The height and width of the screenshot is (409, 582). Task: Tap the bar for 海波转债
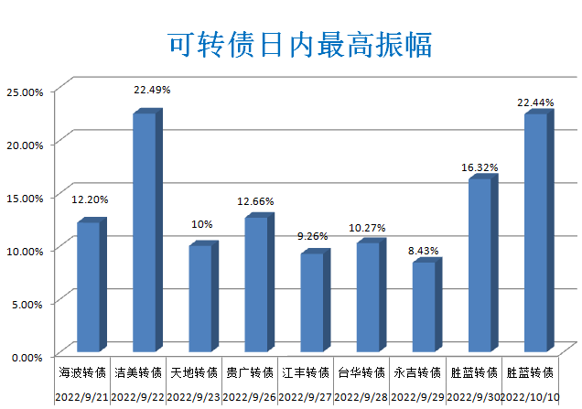(89, 286)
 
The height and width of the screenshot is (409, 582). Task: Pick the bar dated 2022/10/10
(535, 232)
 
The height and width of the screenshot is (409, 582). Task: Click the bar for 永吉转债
(424, 307)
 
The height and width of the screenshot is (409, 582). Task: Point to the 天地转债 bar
(200, 298)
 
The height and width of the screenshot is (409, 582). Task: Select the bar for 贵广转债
(256, 284)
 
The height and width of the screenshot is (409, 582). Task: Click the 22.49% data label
(152, 90)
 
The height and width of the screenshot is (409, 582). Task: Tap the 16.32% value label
(479, 167)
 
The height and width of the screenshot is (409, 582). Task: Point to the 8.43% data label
(424, 249)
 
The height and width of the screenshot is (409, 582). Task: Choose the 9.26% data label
(312, 236)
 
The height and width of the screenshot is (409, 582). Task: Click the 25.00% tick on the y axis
(25, 91)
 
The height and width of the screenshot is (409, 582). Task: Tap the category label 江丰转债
(306, 373)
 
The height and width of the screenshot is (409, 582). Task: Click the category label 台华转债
(361, 373)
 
